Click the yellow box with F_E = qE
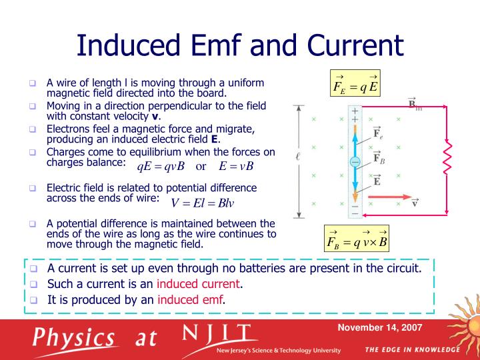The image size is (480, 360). pyautogui.click(x=356, y=84)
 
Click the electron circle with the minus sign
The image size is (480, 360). pyautogui.click(x=355, y=162)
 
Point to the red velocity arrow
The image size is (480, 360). pyautogui.click(x=386, y=197)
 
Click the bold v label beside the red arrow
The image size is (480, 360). pyautogui.click(x=415, y=202)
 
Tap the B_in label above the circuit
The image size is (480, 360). pyautogui.click(x=415, y=105)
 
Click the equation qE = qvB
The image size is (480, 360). pyautogui.click(x=161, y=166)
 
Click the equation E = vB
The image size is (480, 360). pyautogui.click(x=232, y=166)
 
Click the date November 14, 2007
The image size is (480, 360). pyautogui.click(x=379, y=328)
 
